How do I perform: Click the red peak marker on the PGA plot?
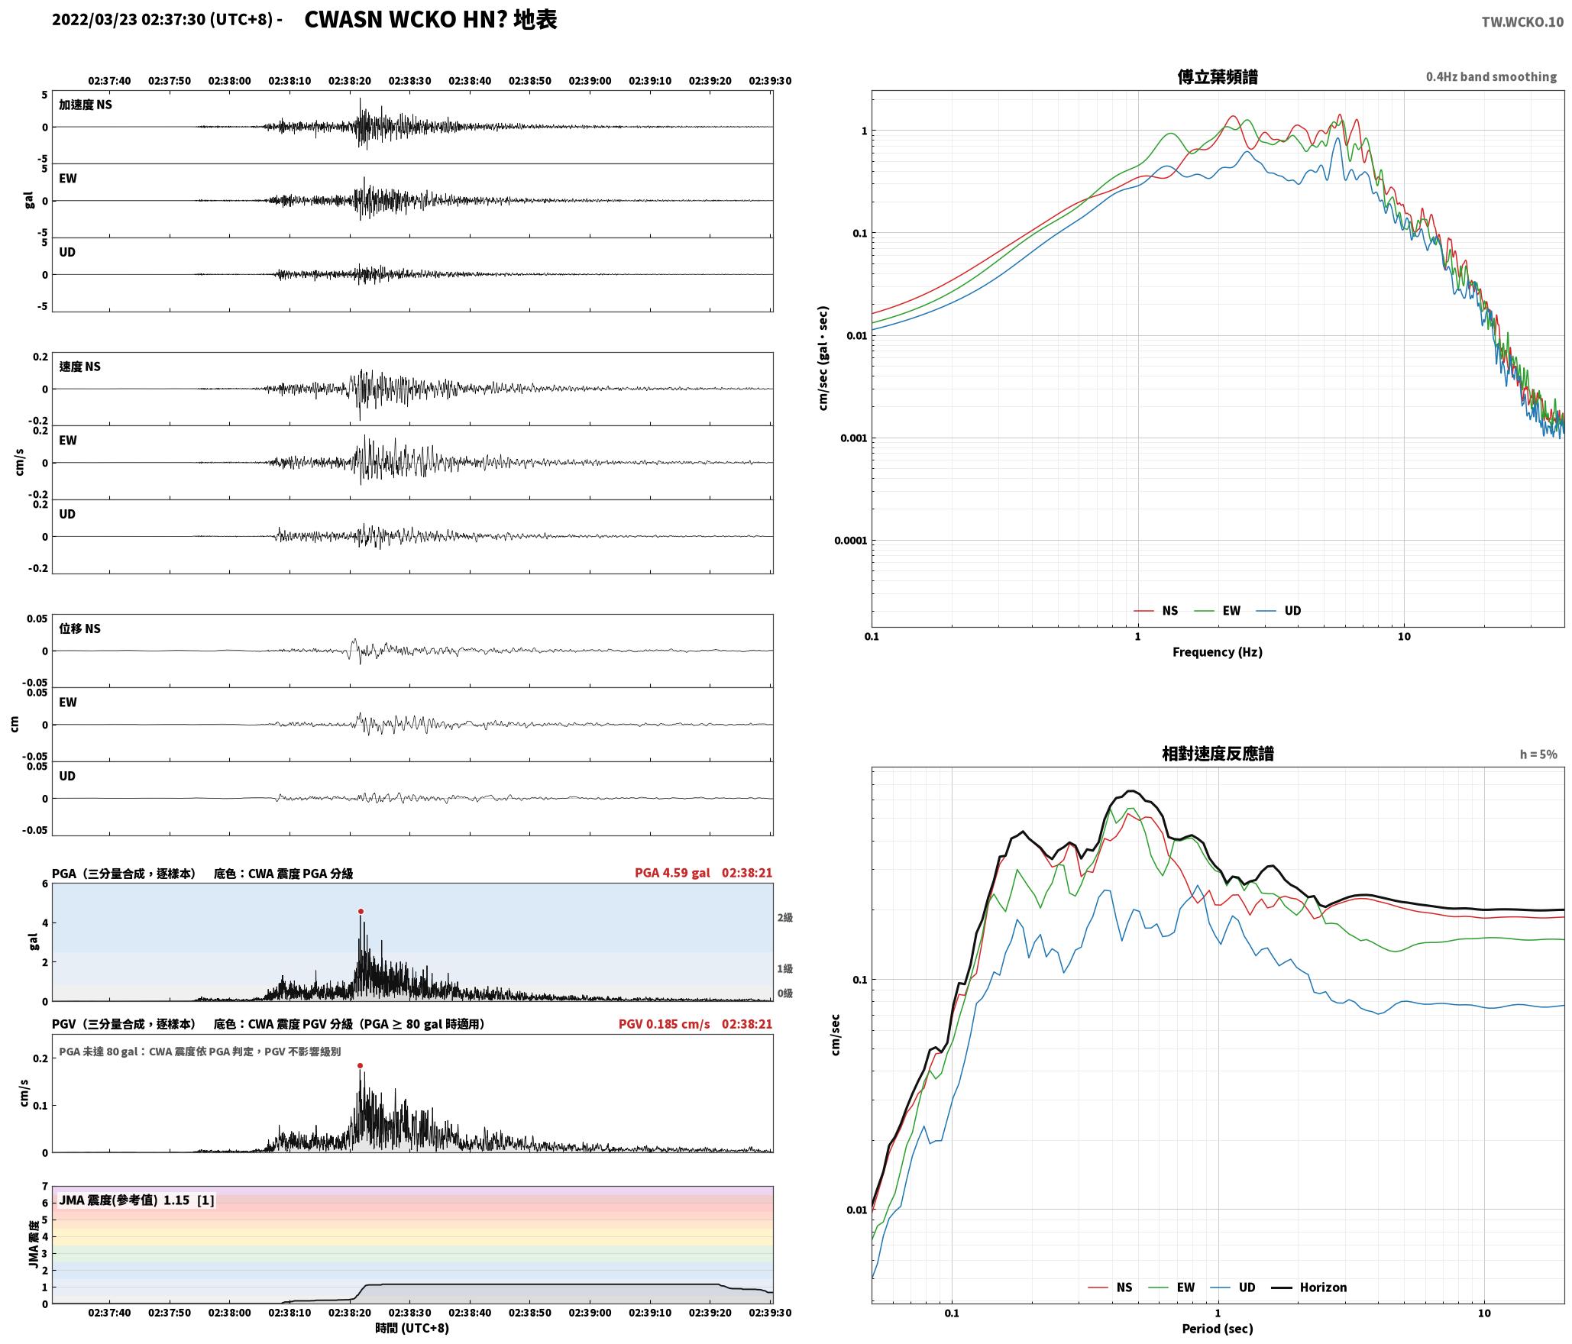[x=361, y=911]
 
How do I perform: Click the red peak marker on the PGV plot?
[x=360, y=1065]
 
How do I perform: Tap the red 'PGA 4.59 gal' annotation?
[x=672, y=873]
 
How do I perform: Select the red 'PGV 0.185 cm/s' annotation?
[x=664, y=1024]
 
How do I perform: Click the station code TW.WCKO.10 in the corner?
[x=1522, y=22]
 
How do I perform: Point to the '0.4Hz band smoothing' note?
[x=1491, y=77]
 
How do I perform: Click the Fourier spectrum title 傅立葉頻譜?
[x=1218, y=76]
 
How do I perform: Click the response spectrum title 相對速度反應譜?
[x=1218, y=754]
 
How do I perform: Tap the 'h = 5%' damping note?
[x=1538, y=754]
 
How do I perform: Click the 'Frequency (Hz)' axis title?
[x=1218, y=652]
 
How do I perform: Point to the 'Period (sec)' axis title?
[x=1218, y=1329]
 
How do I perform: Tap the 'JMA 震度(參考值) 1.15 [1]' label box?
[x=136, y=1200]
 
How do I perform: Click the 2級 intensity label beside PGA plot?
[x=784, y=918]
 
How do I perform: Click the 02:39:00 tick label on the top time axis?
[x=590, y=81]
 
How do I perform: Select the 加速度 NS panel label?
[x=86, y=105]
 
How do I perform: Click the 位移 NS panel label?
[x=80, y=628]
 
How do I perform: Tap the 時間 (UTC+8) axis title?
[x=412, y=1328]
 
